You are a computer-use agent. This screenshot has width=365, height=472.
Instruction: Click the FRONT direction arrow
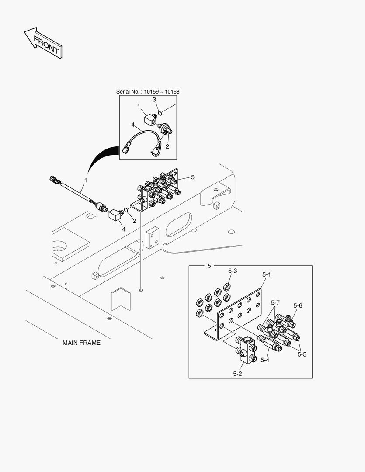pos(43,43)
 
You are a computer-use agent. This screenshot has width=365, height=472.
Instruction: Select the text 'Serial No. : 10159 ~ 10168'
pos(148,92)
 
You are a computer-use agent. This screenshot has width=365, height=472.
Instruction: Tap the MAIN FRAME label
pos(81,343)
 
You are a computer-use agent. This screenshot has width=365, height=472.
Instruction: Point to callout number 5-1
pos(267,274)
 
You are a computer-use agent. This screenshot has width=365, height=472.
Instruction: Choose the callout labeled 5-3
pos(233,271)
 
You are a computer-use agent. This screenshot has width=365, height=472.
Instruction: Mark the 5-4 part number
pos(265,360)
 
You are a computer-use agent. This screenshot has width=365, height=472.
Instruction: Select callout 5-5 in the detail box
pos(302,354)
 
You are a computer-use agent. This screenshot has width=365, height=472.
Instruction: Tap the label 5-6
pos(298,305)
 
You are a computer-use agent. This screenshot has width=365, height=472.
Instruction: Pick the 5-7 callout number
pos(275,302)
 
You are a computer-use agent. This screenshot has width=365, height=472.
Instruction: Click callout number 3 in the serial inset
pos(154,100)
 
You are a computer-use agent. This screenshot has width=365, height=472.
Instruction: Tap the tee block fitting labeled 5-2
pos(246,350)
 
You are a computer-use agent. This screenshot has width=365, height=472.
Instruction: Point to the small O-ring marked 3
pos(160,113)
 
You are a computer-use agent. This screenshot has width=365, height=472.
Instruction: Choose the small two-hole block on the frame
pos(152,237)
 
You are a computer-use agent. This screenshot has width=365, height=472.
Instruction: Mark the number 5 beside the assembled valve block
pos(192,177)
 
